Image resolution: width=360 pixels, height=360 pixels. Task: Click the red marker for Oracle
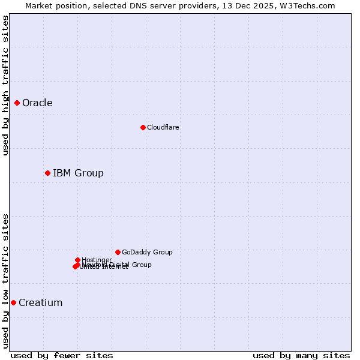coord(17,103)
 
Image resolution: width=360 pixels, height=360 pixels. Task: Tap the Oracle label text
coord(37,103)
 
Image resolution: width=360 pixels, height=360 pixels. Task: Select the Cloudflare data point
coord(143,127)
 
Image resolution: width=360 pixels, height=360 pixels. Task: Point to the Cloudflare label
coord(163,127)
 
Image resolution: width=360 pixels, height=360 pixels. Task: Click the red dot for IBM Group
coord(47,173)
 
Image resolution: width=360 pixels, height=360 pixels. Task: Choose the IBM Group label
coord(78,173)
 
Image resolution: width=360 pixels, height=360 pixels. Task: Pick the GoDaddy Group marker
coord(118,253)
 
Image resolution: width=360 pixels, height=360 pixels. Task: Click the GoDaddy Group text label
coord(147,253)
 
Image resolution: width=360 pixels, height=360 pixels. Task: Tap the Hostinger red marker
coord(77,260)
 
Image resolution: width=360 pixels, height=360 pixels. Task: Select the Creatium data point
coord(13,303)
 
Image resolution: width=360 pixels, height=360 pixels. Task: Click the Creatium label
coord(40,303)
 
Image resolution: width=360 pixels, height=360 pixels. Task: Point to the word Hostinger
coord(97,260)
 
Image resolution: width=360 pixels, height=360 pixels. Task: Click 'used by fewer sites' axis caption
coord(62,356)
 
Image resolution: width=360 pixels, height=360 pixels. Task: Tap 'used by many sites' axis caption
coord(301,356)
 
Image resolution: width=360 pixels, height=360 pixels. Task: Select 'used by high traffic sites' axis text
coord(6,85)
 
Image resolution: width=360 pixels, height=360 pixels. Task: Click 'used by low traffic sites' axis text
coord(6,281)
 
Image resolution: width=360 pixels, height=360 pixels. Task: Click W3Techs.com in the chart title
coord(309,5)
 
